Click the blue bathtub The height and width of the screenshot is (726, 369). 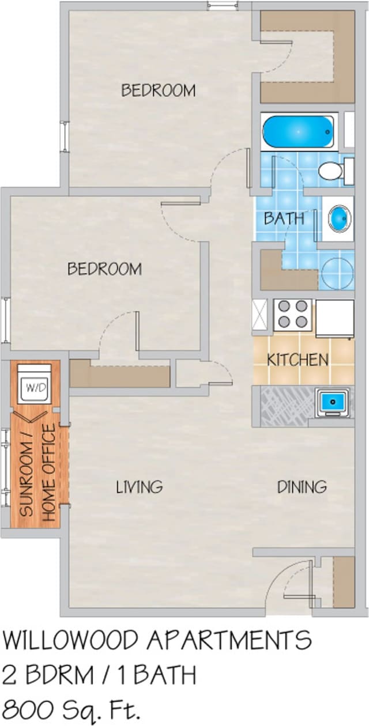tap(298, 132)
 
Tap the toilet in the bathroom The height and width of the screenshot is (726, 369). tap(334, 171)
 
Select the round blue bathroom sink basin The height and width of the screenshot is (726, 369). tap(338, 218)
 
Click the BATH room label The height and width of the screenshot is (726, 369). tap(284, 218)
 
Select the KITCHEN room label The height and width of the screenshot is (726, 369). tap(297, 360)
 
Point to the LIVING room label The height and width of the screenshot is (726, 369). tap(140, 487)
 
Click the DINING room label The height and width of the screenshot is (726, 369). tap(302, 487)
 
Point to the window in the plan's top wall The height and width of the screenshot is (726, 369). tap(223, 6)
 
